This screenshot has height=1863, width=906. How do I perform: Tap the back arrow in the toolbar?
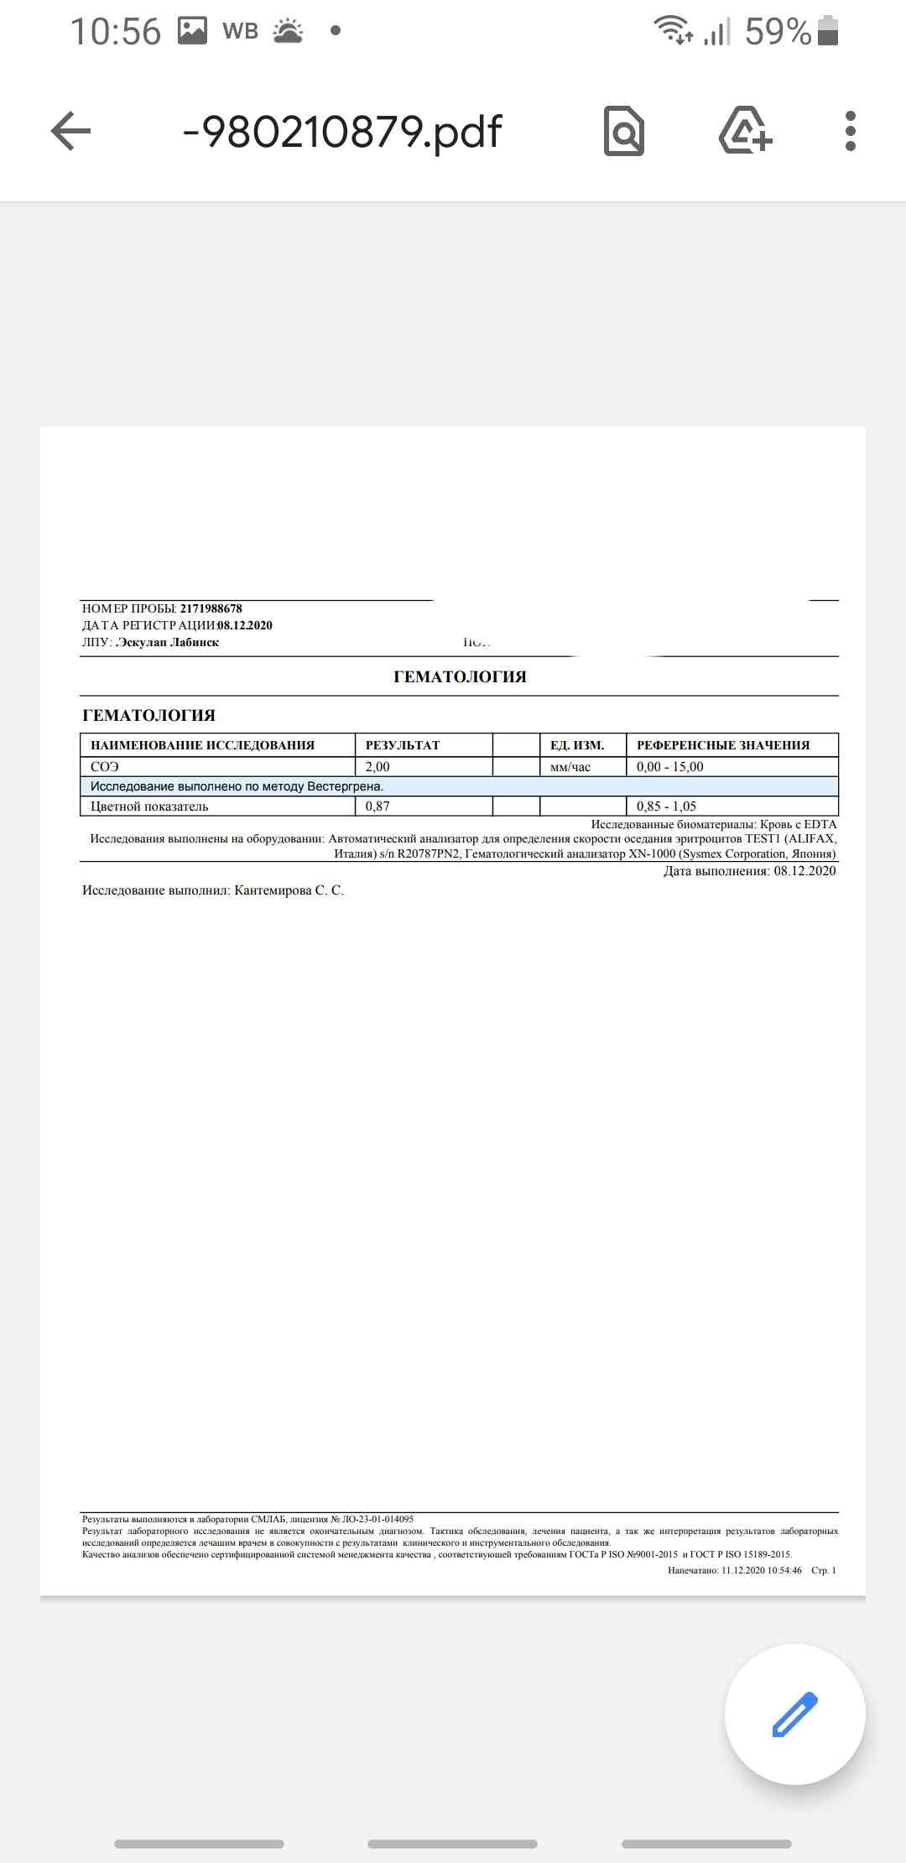[x=70, y=131]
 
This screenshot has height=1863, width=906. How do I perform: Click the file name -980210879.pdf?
[x=341, y=131]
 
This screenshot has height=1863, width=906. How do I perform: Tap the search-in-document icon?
[x=624, y=131]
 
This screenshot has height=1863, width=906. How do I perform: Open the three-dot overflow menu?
[x=851, y=131]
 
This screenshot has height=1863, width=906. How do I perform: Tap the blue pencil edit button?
[x=794, y=1714]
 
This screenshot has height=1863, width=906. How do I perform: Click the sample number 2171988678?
[x=211, y=608]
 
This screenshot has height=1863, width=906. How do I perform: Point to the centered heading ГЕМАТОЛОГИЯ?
[x=460, y=676]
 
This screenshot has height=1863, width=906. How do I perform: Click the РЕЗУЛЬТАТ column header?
[x=403, y=745]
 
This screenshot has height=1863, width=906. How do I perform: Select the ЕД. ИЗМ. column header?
[x=577, y=745]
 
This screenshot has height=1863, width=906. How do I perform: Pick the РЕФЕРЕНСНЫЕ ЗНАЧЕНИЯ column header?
[x=723, y=745]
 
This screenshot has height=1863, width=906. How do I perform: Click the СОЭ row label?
[x=105, y=766]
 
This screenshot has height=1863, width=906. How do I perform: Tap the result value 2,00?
[x=377, y=766]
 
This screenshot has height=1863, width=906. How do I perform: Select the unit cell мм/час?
[x=570, y=766]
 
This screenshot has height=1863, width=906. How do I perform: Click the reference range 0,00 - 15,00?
[x=670, y=766]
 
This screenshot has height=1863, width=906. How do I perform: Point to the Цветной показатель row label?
[x=149, y=806]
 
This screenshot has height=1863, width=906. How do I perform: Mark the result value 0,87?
[x=377, y=806]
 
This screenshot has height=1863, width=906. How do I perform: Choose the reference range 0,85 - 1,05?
[x=666, y=806]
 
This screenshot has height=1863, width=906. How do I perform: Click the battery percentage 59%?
[x=778, y=32]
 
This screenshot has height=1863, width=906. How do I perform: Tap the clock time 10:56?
[x=115, y=32]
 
